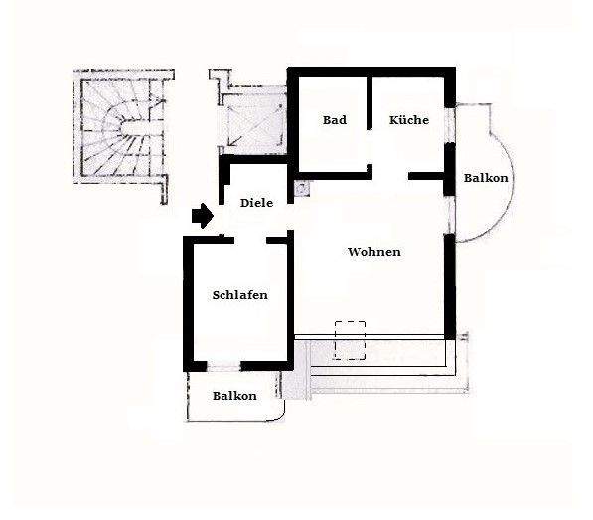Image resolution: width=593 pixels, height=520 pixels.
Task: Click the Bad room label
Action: point(334,120)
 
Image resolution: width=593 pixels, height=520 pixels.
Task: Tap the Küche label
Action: point(409,120)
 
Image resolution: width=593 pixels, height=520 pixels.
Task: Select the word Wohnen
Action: point(374,252)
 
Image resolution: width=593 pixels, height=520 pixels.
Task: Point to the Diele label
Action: point(256,203)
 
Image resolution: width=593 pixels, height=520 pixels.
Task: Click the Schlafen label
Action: point(240,295)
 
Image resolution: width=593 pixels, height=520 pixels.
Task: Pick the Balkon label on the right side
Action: point(487,179)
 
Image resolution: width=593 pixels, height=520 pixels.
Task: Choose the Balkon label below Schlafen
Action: point(234,396)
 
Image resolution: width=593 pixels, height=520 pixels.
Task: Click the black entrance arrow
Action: point(202,215)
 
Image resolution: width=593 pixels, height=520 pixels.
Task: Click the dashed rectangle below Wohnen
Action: point(351,339)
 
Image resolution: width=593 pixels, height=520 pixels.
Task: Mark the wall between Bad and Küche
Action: point(370,119)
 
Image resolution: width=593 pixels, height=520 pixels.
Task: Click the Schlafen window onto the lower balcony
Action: point(241,367)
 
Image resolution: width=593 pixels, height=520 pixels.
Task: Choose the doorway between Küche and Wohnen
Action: point(390,176)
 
